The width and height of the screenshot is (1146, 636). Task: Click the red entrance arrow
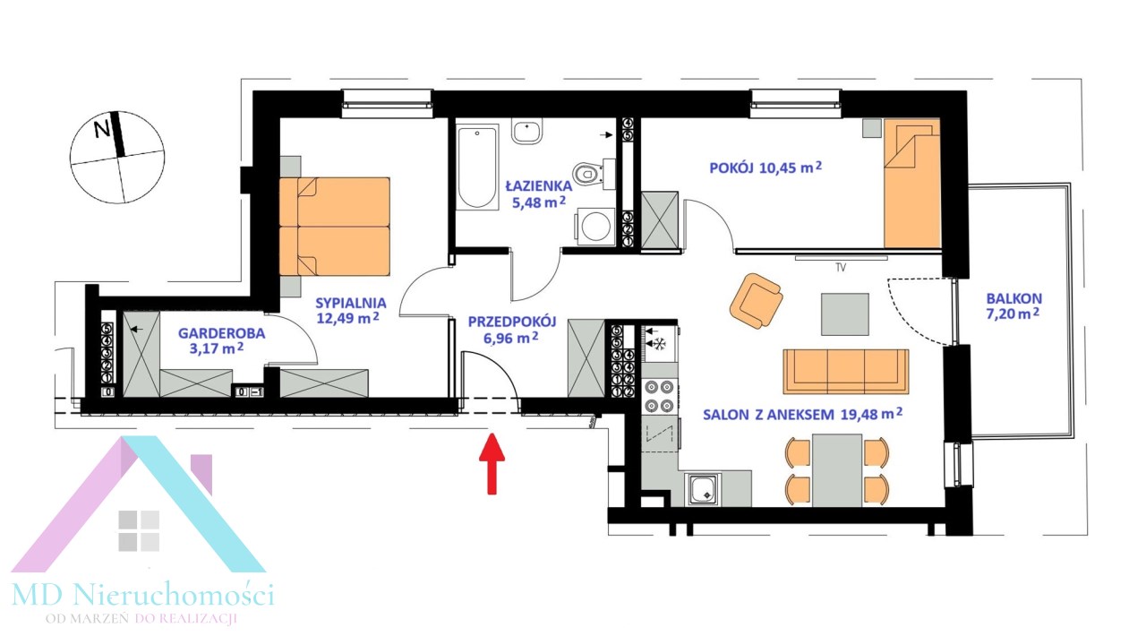coord(492,463)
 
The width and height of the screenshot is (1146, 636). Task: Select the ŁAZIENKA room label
coord(539,185)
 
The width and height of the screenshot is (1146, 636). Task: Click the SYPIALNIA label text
coord(350,303)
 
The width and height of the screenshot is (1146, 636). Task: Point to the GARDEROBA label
coord(221,333)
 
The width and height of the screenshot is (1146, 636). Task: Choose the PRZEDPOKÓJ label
coord(512,322)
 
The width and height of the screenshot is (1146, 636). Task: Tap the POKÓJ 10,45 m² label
coord(765,168)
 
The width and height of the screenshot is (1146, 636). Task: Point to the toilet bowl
coord(587,174)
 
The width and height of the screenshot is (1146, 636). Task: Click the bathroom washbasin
coord(527,133)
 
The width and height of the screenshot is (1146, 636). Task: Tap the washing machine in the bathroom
coord(595,226)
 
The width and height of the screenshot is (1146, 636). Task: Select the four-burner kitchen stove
coord(659,396)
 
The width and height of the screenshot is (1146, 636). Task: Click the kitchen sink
coord(703,490)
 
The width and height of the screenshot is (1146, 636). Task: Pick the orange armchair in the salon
coord(756,301)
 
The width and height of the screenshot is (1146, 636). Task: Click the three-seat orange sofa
coord(846,372)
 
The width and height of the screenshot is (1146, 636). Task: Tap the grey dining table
coord(837,470)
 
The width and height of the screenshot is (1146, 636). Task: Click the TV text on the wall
coord(840,268)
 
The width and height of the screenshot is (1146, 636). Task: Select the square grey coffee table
coord(844,314)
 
